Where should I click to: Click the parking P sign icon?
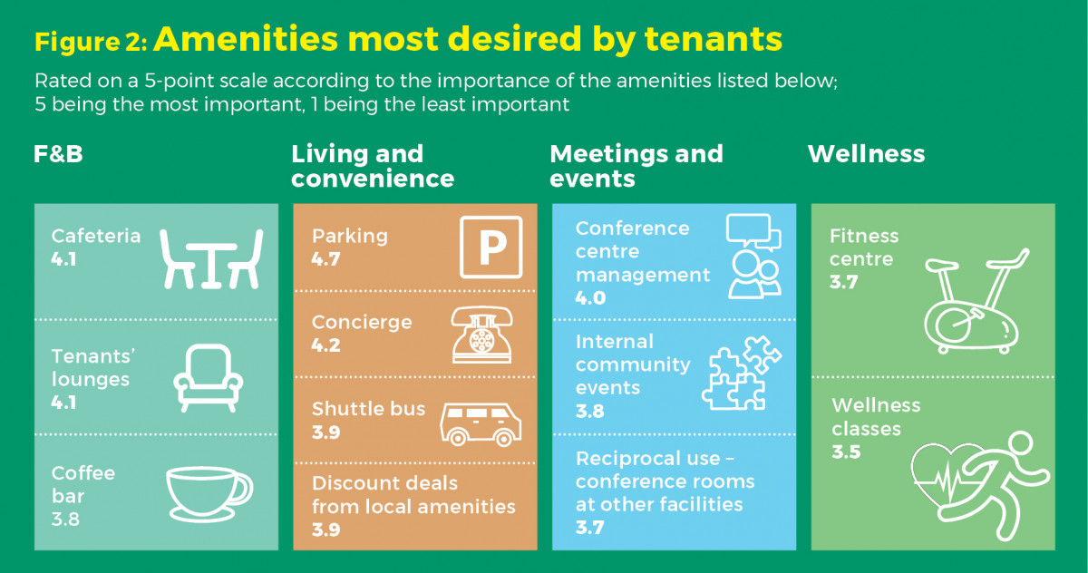[491, 248]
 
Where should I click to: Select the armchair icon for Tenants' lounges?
[209, 378]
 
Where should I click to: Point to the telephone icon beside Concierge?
[481, 335]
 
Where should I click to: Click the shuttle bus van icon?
[481, 424]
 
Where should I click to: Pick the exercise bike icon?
[976, 301]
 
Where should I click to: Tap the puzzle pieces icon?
[742, 373]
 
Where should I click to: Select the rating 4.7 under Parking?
[325, 259]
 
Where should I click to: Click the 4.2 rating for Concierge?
[325, 345]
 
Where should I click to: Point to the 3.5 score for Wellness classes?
[846, 452]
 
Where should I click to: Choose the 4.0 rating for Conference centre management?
[590, 297]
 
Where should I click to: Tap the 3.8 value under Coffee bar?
[65, 520]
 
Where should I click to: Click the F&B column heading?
[58, 154]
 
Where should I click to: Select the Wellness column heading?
[867, 154]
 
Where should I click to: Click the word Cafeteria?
[96, 236]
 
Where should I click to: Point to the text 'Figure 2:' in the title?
[91, 43]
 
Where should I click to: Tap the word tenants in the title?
[714, 38]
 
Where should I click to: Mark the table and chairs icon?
[211, 258]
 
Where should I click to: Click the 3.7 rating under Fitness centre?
[844, 282]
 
